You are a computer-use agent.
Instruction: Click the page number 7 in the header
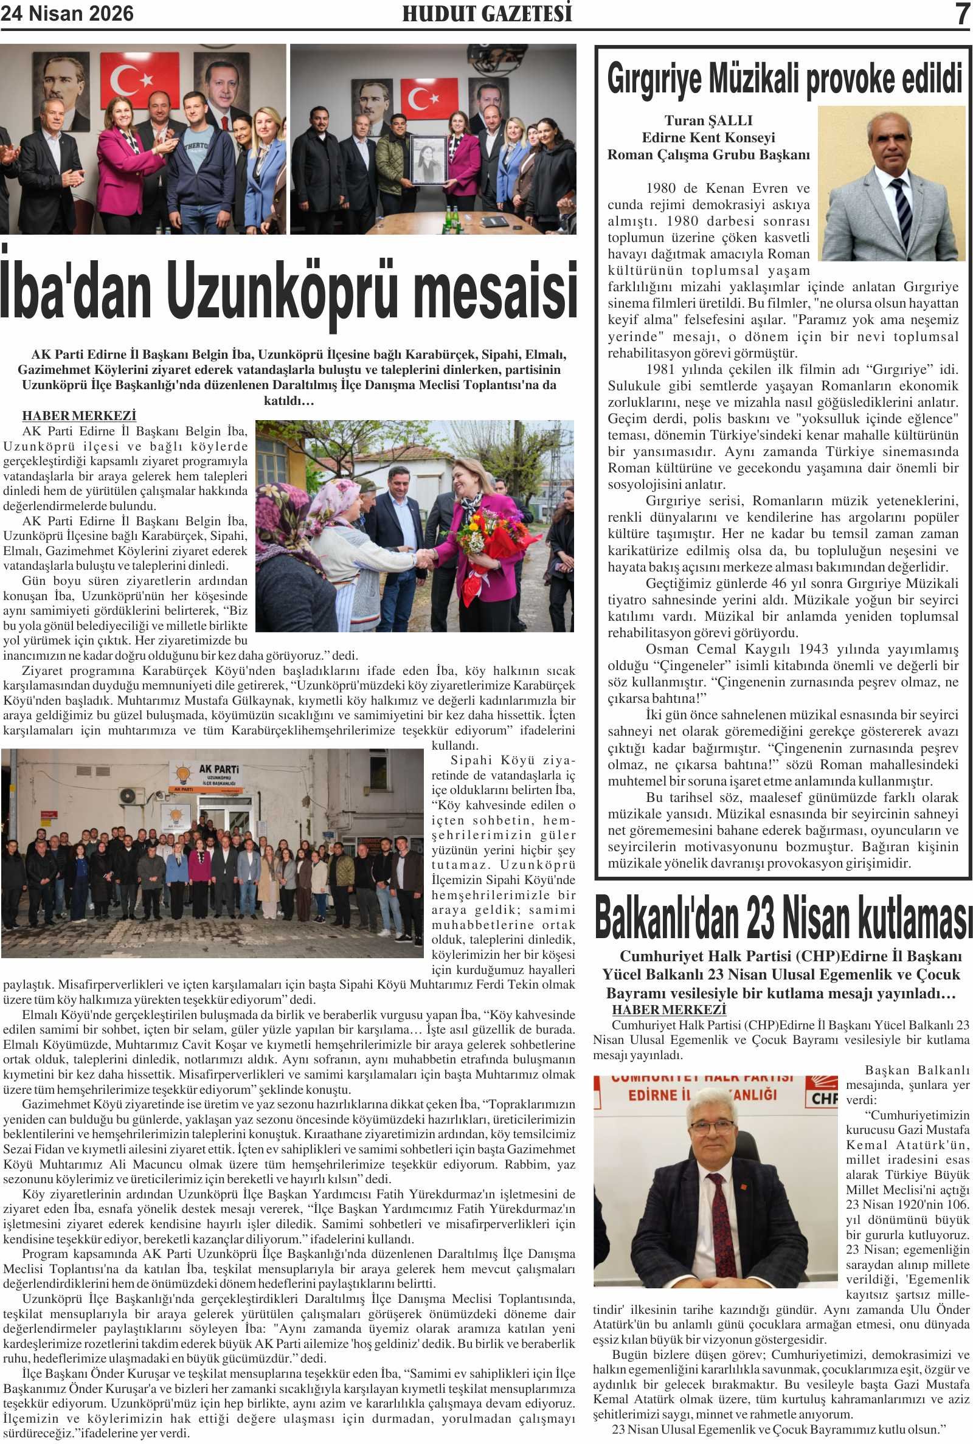pyautogui.click(x=961, y=13)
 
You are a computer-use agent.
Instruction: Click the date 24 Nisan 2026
pyautogui.click(x=67, y=13)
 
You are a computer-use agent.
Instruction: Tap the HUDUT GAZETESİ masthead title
pyautogui.click(x=486, y=13)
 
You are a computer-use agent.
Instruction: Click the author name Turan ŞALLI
pyautogui.click(x=708, y=120)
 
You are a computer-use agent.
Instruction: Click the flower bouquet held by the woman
pyautogui.click(x=480, y=532)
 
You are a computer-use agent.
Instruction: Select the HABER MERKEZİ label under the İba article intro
pyautogui.click(x=79, y=416)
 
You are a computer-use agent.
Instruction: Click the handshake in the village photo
pyautogui.click(x=426, y=559)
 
